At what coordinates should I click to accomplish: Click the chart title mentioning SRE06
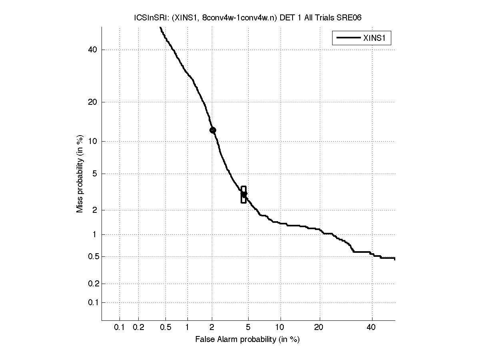pyautogui.click(x=248, y=18)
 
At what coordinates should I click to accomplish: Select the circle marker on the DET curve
pyautogui.click(x=213, y=130)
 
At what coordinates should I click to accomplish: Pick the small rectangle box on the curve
pyautogui.click(x=243, y=194)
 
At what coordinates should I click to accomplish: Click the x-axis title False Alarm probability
pyautogui.click(x=247, y=340)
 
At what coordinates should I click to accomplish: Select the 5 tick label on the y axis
pyautogui.click(x=96, y=174)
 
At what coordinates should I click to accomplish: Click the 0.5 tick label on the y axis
pyautogui.click(x=93, y=256)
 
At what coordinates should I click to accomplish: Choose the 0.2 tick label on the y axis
pyautogui.click(x=93, y=284)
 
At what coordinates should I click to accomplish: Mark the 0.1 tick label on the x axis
pyautogui.click(x=120, y=327)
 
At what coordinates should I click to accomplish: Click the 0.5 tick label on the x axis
pyautogui.click(x=165, y=327)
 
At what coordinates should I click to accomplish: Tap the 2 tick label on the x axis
pyautogui.click(x=212, y=327)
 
